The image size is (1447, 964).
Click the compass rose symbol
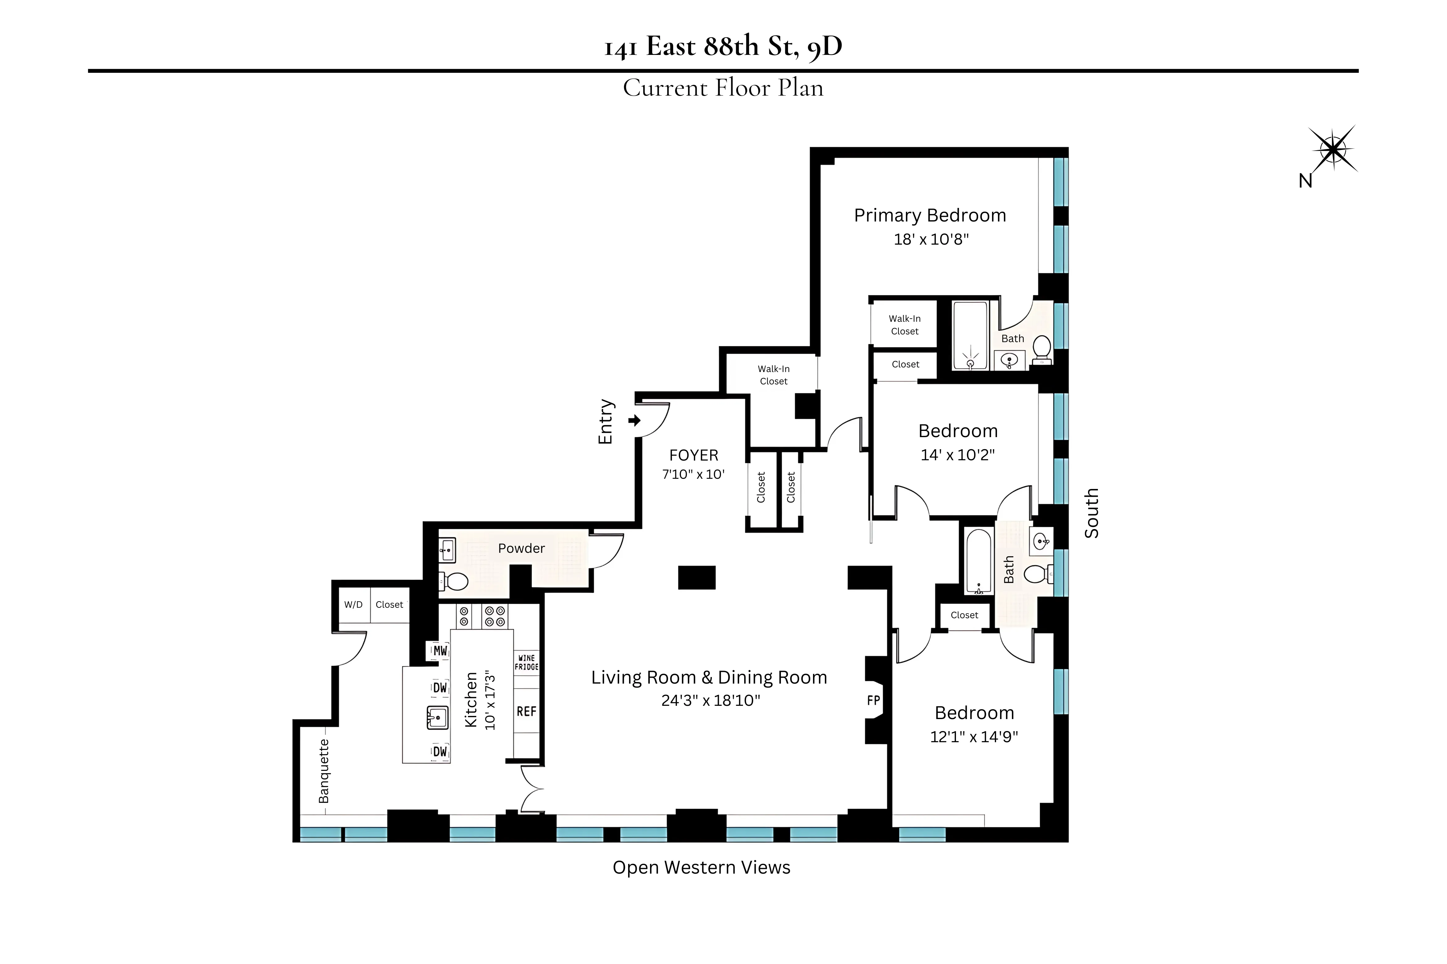1332,149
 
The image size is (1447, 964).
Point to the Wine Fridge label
526,662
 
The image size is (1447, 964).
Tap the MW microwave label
440,651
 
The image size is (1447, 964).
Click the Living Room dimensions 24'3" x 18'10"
710,700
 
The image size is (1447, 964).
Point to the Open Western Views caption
701,867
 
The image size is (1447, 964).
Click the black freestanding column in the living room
697,577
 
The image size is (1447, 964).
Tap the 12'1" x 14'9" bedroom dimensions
974,737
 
